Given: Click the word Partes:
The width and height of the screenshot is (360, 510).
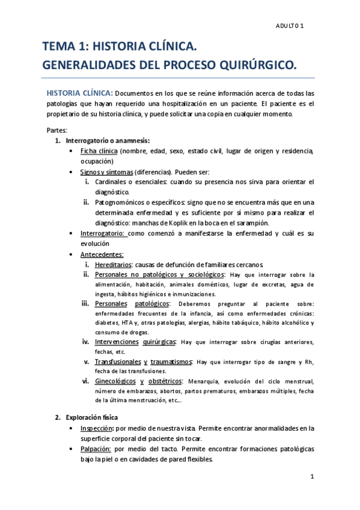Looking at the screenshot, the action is pyautogui.click(x=57, y=129).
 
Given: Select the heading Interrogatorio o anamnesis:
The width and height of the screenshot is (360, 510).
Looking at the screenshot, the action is pyautogui.click(x=108, y=140).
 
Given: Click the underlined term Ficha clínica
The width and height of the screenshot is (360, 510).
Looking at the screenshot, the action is pyautogui.click(x=99, y=151).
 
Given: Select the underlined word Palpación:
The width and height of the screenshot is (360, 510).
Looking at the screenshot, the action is pyautogui.click(x=96, y=449).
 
